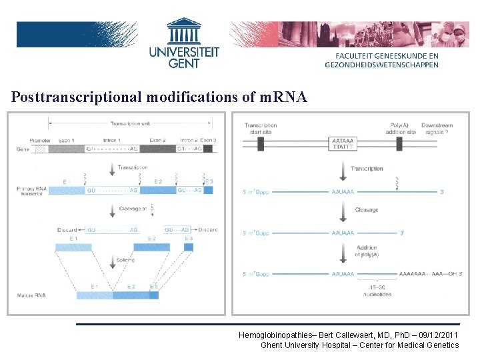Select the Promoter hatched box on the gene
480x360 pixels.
coord(41,149)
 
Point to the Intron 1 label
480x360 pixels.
coord(111,141)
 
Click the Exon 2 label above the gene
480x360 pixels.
coord(158,141)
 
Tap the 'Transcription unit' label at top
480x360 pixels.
coord(130,123)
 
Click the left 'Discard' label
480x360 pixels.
coord(67,230)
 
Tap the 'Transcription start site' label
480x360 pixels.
coord(260,129)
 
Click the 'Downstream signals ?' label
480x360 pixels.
coord(437,129)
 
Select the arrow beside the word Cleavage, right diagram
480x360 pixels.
coord(343,210)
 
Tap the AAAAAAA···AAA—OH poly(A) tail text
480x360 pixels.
coord(421,274)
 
